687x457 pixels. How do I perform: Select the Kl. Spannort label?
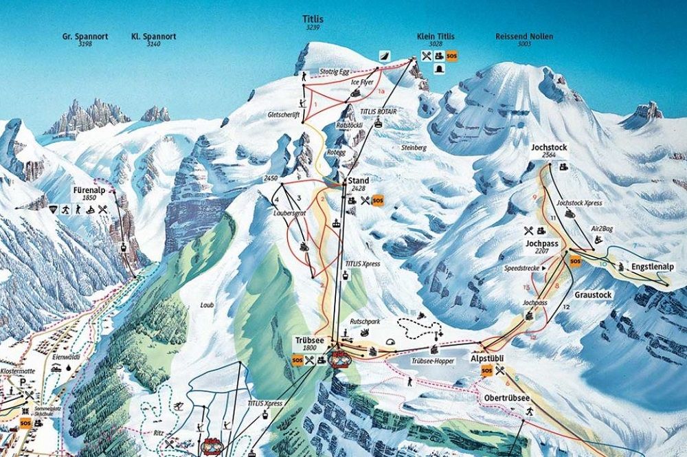tap(154, 36)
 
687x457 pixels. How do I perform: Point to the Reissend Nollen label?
tap(524, 36)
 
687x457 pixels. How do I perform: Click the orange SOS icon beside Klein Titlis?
tap(451, 56)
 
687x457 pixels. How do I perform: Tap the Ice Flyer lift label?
tap(361, 82)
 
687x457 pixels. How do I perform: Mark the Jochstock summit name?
tap(548, 148)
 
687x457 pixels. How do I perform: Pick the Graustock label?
tap(594, 294)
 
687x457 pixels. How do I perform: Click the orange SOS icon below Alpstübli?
tap(486, 371)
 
